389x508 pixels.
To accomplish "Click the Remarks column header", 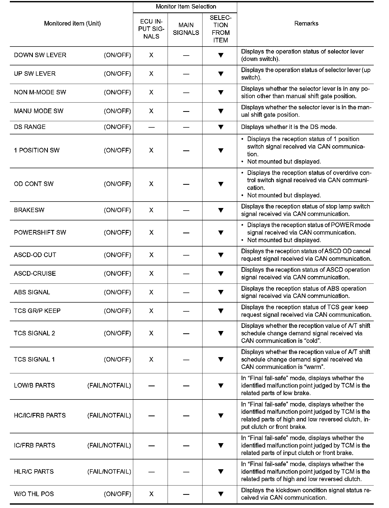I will pos(306,24).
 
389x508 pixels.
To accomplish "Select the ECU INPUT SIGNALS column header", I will pos(151,29).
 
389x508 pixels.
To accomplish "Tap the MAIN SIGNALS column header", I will pos(186,29).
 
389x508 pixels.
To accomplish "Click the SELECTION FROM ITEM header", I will pos(220,29).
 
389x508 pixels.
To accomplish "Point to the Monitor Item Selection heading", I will pos(186,7).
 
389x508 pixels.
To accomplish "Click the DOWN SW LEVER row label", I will pos(40,55).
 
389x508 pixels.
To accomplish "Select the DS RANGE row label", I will pos(30,127).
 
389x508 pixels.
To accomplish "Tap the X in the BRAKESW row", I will pos(151,210).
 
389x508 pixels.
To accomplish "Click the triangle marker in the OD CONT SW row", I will pos(221,184).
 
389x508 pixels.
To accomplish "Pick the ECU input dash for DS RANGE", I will pos(151,127).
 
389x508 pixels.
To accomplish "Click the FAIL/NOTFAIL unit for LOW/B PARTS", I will pos(109,386).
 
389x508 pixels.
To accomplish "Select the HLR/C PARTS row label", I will pos(34,472).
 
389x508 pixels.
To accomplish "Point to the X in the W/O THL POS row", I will pos(151,494).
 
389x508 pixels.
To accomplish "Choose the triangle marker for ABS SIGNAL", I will pos(221,292).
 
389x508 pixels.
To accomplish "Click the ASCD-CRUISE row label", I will pos(35,274).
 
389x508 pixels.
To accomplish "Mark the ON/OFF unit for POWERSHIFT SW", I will pos(117,233).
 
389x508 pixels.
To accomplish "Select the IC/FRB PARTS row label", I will pos(35,445).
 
